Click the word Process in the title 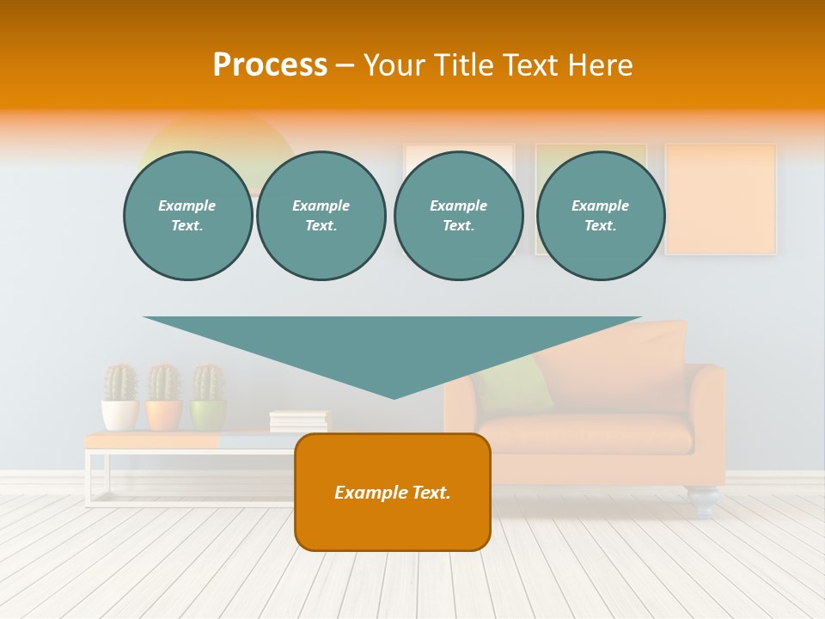[x=270, y=65]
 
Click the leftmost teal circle [x=187, y=216]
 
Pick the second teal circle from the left [x=321, y=216]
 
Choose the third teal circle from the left [x=458, y=216]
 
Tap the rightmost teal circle [x=600, y=216]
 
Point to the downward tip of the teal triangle [x=394, y=395]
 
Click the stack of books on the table [x=299, y=420]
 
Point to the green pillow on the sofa [x=524, y=383]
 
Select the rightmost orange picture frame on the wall [x=720, y=199]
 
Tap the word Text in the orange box [x=431, y=493]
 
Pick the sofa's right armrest [x=707, y=413]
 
